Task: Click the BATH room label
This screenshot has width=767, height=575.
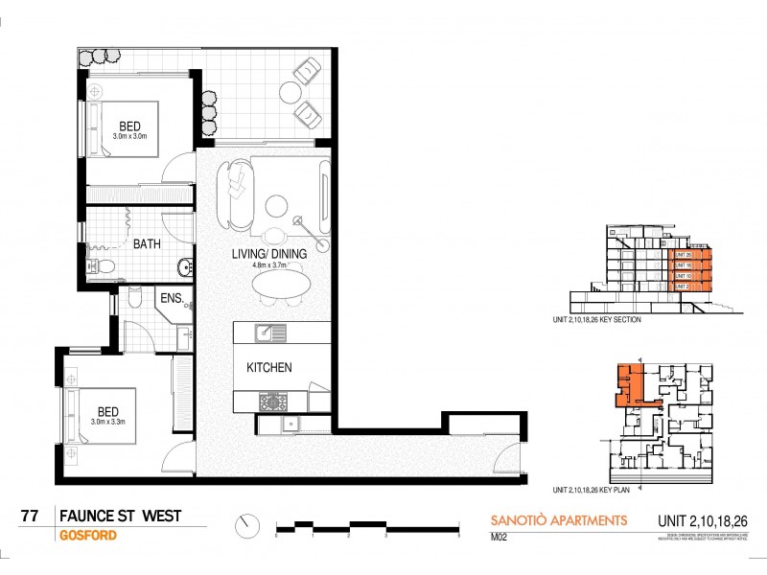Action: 147,244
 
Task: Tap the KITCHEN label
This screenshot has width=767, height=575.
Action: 269,367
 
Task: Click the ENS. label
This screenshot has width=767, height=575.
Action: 171,298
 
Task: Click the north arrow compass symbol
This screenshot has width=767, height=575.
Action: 248,525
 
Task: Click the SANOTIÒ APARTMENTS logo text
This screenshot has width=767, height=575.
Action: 553,520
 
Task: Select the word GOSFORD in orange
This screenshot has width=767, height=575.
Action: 88,535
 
